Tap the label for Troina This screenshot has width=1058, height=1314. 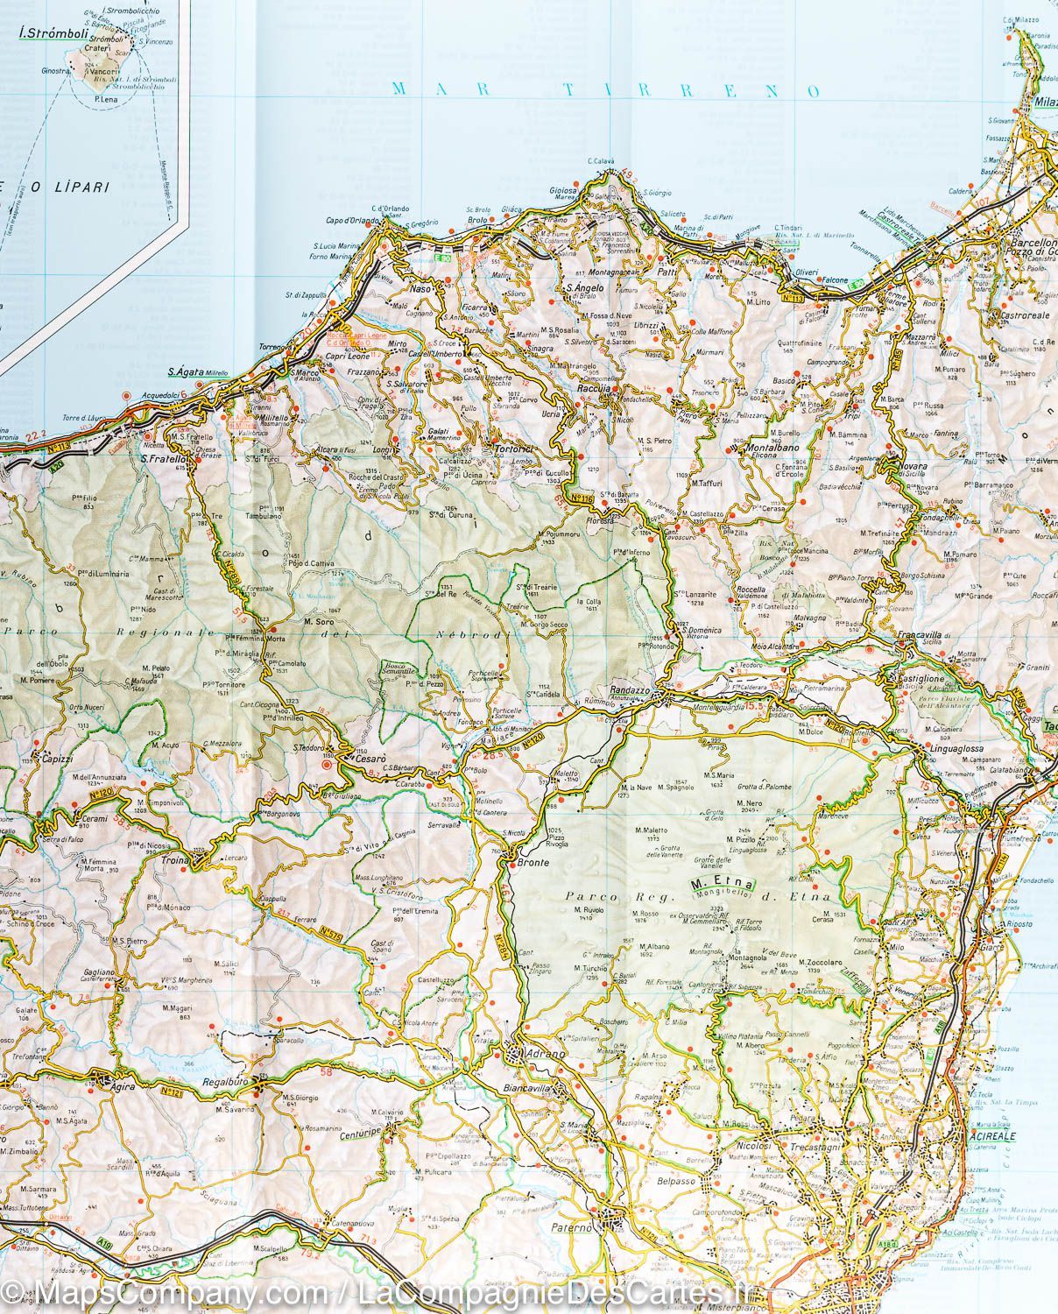point(176,862)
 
